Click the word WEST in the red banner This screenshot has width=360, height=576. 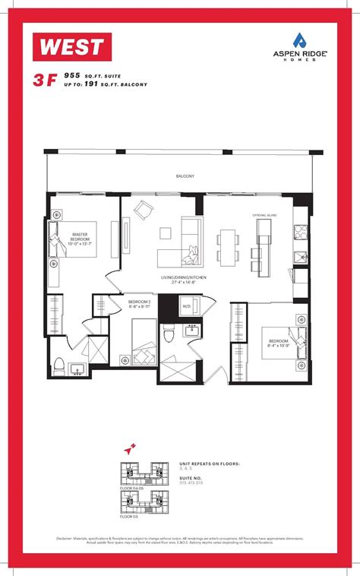[73, 46]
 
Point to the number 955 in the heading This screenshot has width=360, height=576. [73, 76]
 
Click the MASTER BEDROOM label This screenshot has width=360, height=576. [81, 239]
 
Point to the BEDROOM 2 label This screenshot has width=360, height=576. [138, 302]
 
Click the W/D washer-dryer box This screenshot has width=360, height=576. [185, 306]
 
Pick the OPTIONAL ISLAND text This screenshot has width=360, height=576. [264, 216]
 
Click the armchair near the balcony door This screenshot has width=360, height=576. [143, 208]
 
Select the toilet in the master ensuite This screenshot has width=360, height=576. [60, 362]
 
